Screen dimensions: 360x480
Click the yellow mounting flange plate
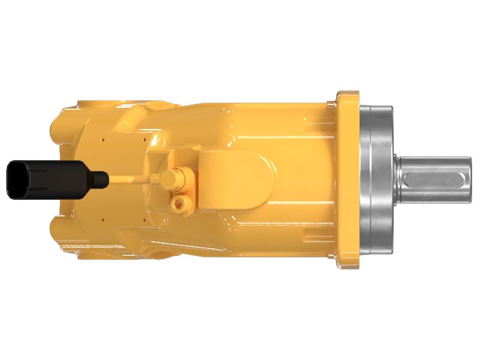(x=347, y=180)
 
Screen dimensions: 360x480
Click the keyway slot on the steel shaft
(x=437, y=180)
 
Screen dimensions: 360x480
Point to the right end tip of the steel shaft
(x=471, y=180)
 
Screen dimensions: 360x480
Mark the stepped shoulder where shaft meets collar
(x=397, y=180)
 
